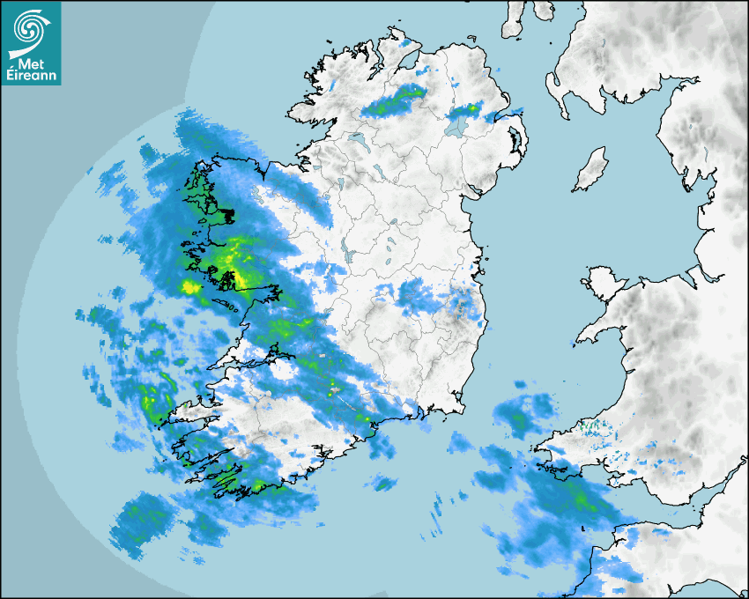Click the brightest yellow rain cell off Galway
(190, 286)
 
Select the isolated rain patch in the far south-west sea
(141, 524)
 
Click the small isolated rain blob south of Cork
(383, 482)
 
